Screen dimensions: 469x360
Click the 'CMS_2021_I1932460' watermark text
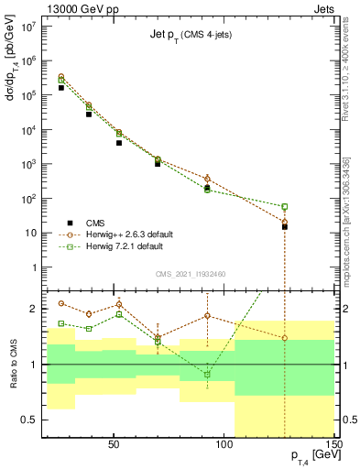coord(191,273)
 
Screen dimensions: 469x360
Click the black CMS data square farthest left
coord(61,88)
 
